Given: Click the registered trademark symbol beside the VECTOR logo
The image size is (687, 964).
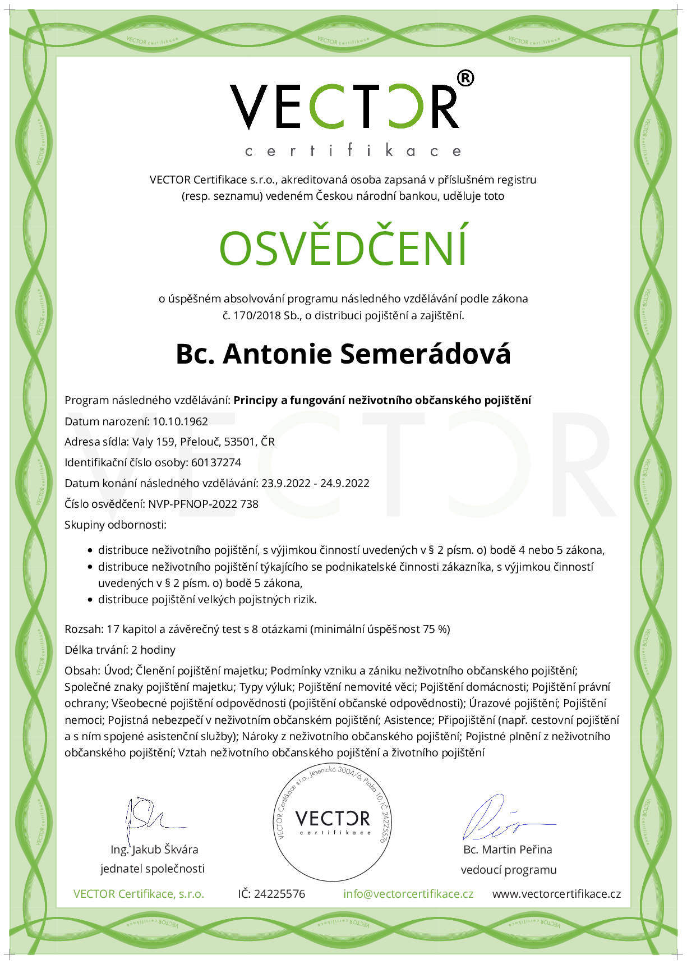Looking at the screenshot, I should click(465, 79).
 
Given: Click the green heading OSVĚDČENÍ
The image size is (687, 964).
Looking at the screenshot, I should click(343, 247).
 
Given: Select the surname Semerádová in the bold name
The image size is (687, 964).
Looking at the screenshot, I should click(425, 354).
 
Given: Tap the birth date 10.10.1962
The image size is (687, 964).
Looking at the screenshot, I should click(180, 421).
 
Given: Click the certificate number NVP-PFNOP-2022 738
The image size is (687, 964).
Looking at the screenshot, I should click(203, 504).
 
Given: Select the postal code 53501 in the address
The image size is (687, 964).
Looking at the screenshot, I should click(239, 442).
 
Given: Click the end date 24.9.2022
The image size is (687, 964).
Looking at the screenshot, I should click(344, 483).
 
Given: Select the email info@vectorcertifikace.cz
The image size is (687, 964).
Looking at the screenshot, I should click(408, 894).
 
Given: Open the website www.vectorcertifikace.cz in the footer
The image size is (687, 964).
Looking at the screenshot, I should click(556, 894).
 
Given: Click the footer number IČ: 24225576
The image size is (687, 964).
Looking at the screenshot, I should click(271, 894).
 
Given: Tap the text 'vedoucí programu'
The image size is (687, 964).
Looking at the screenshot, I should click(509, 870).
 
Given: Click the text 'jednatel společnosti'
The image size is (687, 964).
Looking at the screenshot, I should click(153, 869).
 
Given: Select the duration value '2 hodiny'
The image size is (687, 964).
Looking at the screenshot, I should click(153, 650).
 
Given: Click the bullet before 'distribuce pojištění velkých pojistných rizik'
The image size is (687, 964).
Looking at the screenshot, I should click(90, 600).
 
